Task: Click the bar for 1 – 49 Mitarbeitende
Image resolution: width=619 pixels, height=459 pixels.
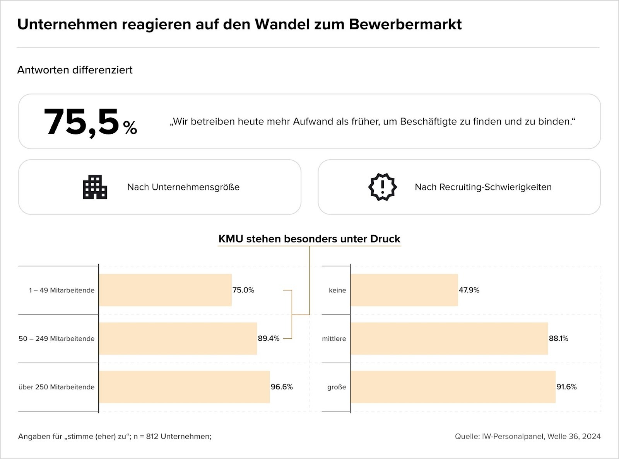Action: (165, 290)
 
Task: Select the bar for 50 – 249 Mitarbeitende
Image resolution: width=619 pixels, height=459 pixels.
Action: (178, 338)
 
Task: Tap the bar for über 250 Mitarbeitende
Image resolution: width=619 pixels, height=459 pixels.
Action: (184, 387)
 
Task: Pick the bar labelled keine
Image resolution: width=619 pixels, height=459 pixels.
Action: (404, 290)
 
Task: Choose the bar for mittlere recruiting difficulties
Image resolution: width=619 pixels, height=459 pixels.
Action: (449, 338)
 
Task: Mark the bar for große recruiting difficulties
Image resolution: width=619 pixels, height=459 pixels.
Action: (453, 387)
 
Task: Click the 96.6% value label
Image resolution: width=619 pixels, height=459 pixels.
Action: (282, 387)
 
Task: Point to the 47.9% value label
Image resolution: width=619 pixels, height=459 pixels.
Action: (469, 290)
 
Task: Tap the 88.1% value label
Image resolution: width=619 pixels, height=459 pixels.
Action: (558, 338)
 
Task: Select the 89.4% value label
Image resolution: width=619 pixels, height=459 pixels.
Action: (268, 338)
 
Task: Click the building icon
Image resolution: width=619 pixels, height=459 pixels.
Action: (95, 187)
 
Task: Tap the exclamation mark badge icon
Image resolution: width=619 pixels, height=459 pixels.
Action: (382, 187)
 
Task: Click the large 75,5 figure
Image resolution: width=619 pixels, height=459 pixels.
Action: (82, 122)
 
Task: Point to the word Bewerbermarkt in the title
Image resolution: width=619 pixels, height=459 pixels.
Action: (405, 24)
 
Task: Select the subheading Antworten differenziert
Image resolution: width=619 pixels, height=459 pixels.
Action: (75, 70)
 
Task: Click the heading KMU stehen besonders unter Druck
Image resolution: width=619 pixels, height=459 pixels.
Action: (309, 239)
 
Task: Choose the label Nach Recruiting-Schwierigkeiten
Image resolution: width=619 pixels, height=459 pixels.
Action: (483, 187)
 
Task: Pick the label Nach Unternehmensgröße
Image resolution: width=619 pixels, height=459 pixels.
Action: (183, 187)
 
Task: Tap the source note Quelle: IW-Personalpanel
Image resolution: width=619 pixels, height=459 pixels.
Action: (528, 437)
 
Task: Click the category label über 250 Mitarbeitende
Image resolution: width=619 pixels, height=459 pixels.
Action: (56, 387)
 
